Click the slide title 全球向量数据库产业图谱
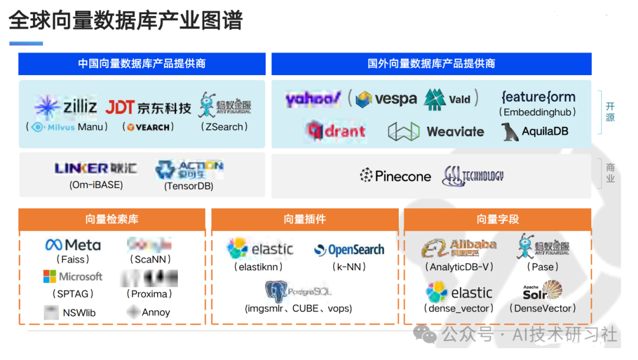pos(126,21)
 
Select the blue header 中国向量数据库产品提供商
pos(142,64)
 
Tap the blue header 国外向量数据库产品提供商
pos(431,64)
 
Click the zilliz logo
pos(66,107)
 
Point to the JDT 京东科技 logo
pos(148,108)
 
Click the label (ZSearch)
pos(224,127)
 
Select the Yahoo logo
pos(313,99)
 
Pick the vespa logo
pos(386,99)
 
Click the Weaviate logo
pos(436,131)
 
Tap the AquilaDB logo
pos(535,131)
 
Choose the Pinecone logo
pos(395,176)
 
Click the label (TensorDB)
pos(188,186)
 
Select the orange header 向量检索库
pos(112,219)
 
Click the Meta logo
pos(73,245)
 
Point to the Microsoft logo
pos(73,277)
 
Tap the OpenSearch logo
pos(349,250)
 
